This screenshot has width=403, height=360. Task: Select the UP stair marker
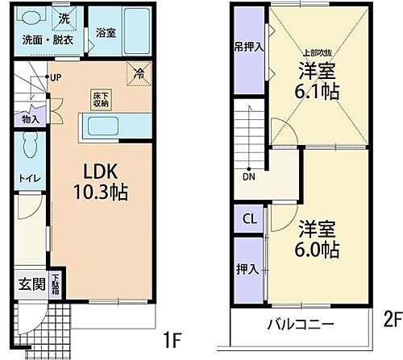pyautogui.click(x=56, y=78)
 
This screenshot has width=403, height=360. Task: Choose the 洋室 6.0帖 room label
pyautogui.click(x=316, y=237)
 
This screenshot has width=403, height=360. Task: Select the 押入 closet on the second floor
pyautogui.click(x=247, y=267)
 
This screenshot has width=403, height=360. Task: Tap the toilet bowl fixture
pyautogui.click(x=29, y=148)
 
